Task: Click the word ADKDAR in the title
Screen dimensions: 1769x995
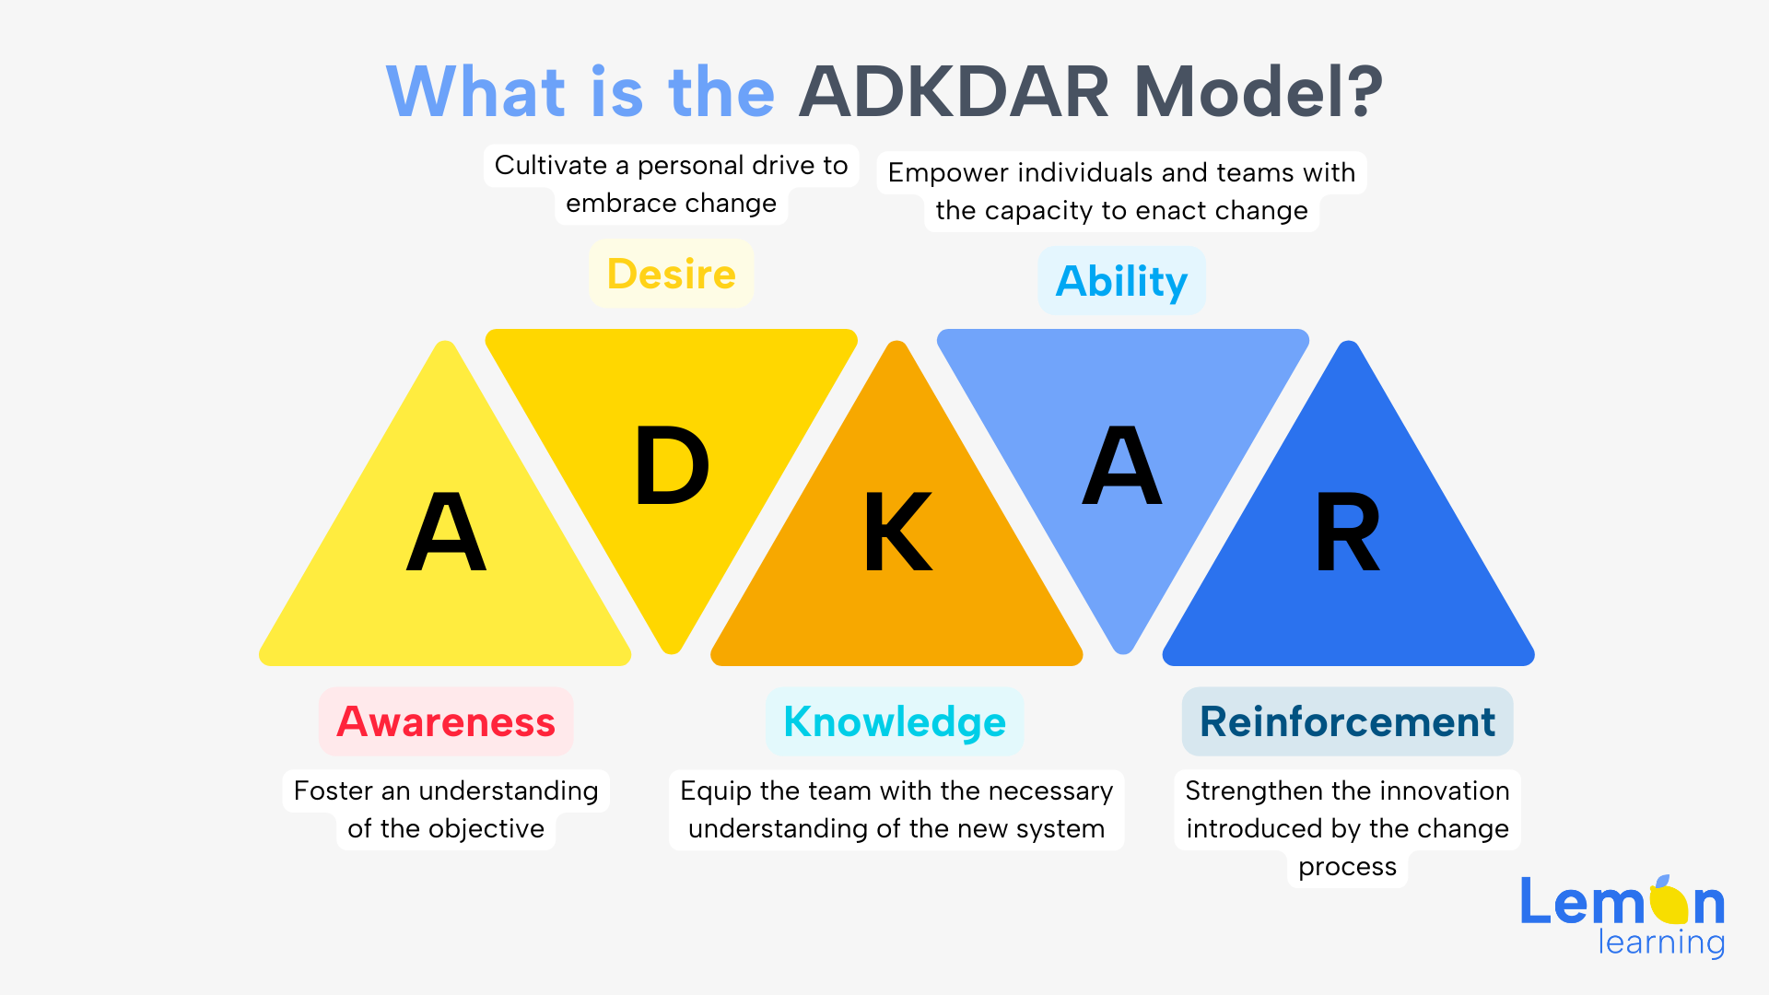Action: pos(955,92)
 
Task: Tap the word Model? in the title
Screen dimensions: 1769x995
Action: pos(1259,92)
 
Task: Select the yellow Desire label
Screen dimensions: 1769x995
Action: pos(672,274)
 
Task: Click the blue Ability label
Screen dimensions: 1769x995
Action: pos(1121,281)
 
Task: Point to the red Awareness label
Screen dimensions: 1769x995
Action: pos(446,721)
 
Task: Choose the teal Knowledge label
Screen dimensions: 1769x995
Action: pos(895,721)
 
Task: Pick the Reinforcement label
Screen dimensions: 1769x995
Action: pos(1347,721)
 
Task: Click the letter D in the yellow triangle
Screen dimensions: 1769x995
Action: pos(673,466)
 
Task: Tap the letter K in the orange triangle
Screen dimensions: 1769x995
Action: pos(898,532)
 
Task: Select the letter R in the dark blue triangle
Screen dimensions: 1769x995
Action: pos(1348,532)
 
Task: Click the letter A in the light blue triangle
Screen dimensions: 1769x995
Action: pos(1122,466)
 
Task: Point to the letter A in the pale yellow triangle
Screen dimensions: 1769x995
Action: pos(446,532)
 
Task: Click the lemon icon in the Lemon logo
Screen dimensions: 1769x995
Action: pos(1669,900)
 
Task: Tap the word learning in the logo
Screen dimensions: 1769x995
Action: pos(1661,942)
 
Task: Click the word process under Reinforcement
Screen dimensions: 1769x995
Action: pos(1347,868)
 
